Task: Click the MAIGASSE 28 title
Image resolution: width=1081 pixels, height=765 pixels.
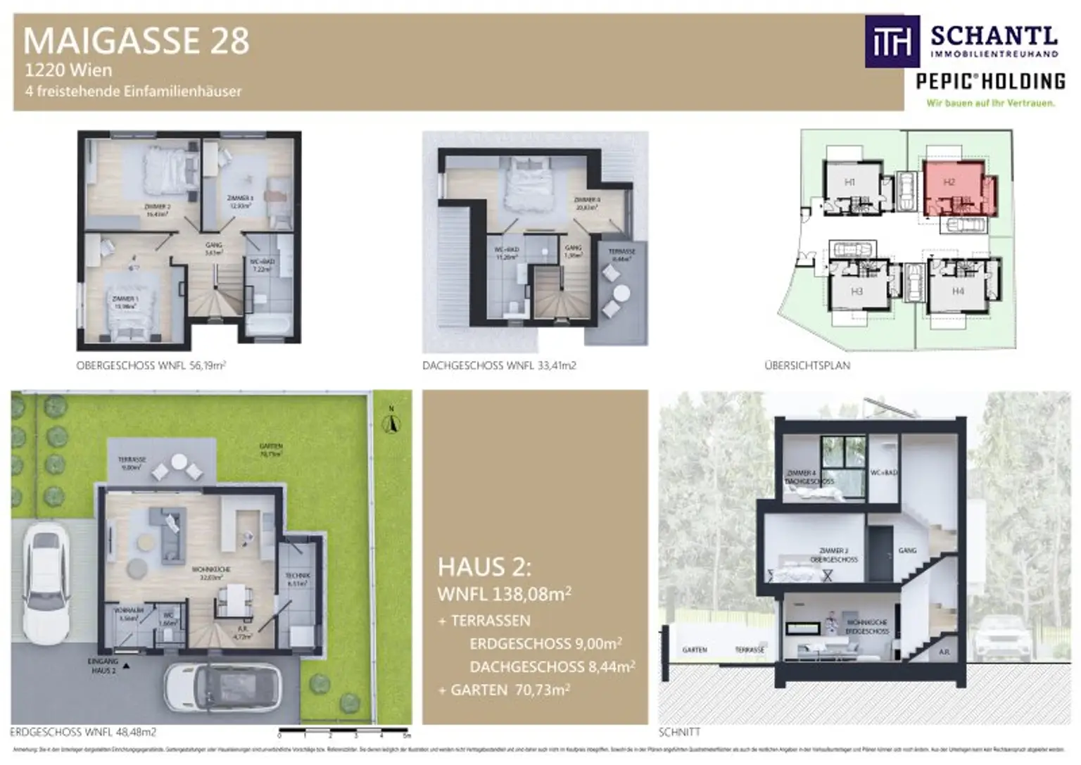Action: pyautogui.click(x=137, y=41)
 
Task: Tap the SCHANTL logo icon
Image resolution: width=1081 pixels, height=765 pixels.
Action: pyautogui.click(x=892, y=42)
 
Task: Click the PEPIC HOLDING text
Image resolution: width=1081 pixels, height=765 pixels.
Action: pyautogui.click(x=990, y=82)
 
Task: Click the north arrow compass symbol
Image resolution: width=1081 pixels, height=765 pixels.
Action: pyautogui.click(x=392, y=422)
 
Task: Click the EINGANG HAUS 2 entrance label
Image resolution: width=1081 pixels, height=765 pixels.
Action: pyautogui.click(x=103, y=666)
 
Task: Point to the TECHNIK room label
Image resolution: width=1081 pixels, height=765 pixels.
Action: pyautogui.click(x=298, y=579)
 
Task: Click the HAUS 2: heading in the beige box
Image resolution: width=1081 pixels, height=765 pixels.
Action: pyautogui.click(x=484, y=567)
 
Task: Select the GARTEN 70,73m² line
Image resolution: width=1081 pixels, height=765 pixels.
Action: pyautogui.click(x=504, y=690)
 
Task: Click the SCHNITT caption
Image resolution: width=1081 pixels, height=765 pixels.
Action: pyautogui.click(x=679, y=732)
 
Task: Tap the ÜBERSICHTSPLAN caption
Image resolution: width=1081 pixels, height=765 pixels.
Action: pyautogui.click(x=807, y=365)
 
